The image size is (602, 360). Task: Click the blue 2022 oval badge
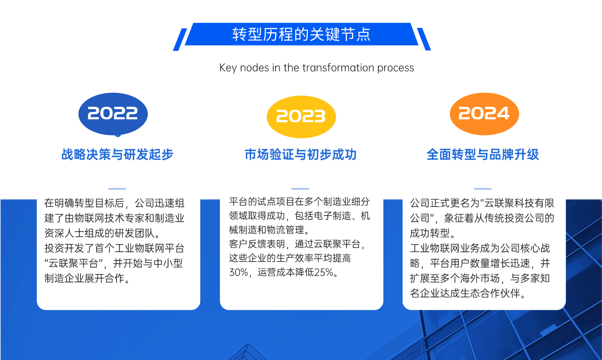point(113,114)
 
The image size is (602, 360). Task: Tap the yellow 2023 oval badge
point(301,117)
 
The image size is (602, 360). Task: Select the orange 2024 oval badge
point(484,114)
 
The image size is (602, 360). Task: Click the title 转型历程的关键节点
point(301,34)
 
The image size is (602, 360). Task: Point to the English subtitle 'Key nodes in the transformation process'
point(316,68)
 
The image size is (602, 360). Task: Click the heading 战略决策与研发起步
point(117,155)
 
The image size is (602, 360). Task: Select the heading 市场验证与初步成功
point(301,155)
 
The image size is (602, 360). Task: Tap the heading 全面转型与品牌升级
point(483,155)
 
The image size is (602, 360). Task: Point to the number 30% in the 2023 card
point(239,272)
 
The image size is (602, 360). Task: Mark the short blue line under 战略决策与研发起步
point(117,189)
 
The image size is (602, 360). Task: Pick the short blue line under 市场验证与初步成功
point(300,189)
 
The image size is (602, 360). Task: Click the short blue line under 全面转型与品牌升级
point(483,189)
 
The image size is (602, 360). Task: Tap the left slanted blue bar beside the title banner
point(180,40)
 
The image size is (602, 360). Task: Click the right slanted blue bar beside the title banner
point(424,39)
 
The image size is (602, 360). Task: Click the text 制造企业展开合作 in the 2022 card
point(84,278)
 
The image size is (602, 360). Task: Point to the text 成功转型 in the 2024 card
point(430,233)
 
